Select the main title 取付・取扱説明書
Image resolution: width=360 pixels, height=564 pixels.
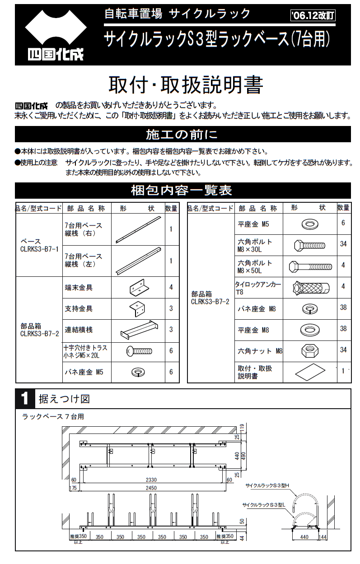[185, 84]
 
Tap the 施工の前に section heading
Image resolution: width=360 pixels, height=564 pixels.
[182, 135]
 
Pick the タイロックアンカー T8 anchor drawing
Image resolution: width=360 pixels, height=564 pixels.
[311, 288]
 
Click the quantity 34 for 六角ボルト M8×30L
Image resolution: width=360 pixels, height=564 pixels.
[343, 244]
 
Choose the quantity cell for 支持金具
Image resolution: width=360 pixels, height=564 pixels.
[171, 309]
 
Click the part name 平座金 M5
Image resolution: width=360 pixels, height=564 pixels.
[253, 224]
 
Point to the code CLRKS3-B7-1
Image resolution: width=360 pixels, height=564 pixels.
[39, 249]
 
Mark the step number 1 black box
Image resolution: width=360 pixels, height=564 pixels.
[24, 399]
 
